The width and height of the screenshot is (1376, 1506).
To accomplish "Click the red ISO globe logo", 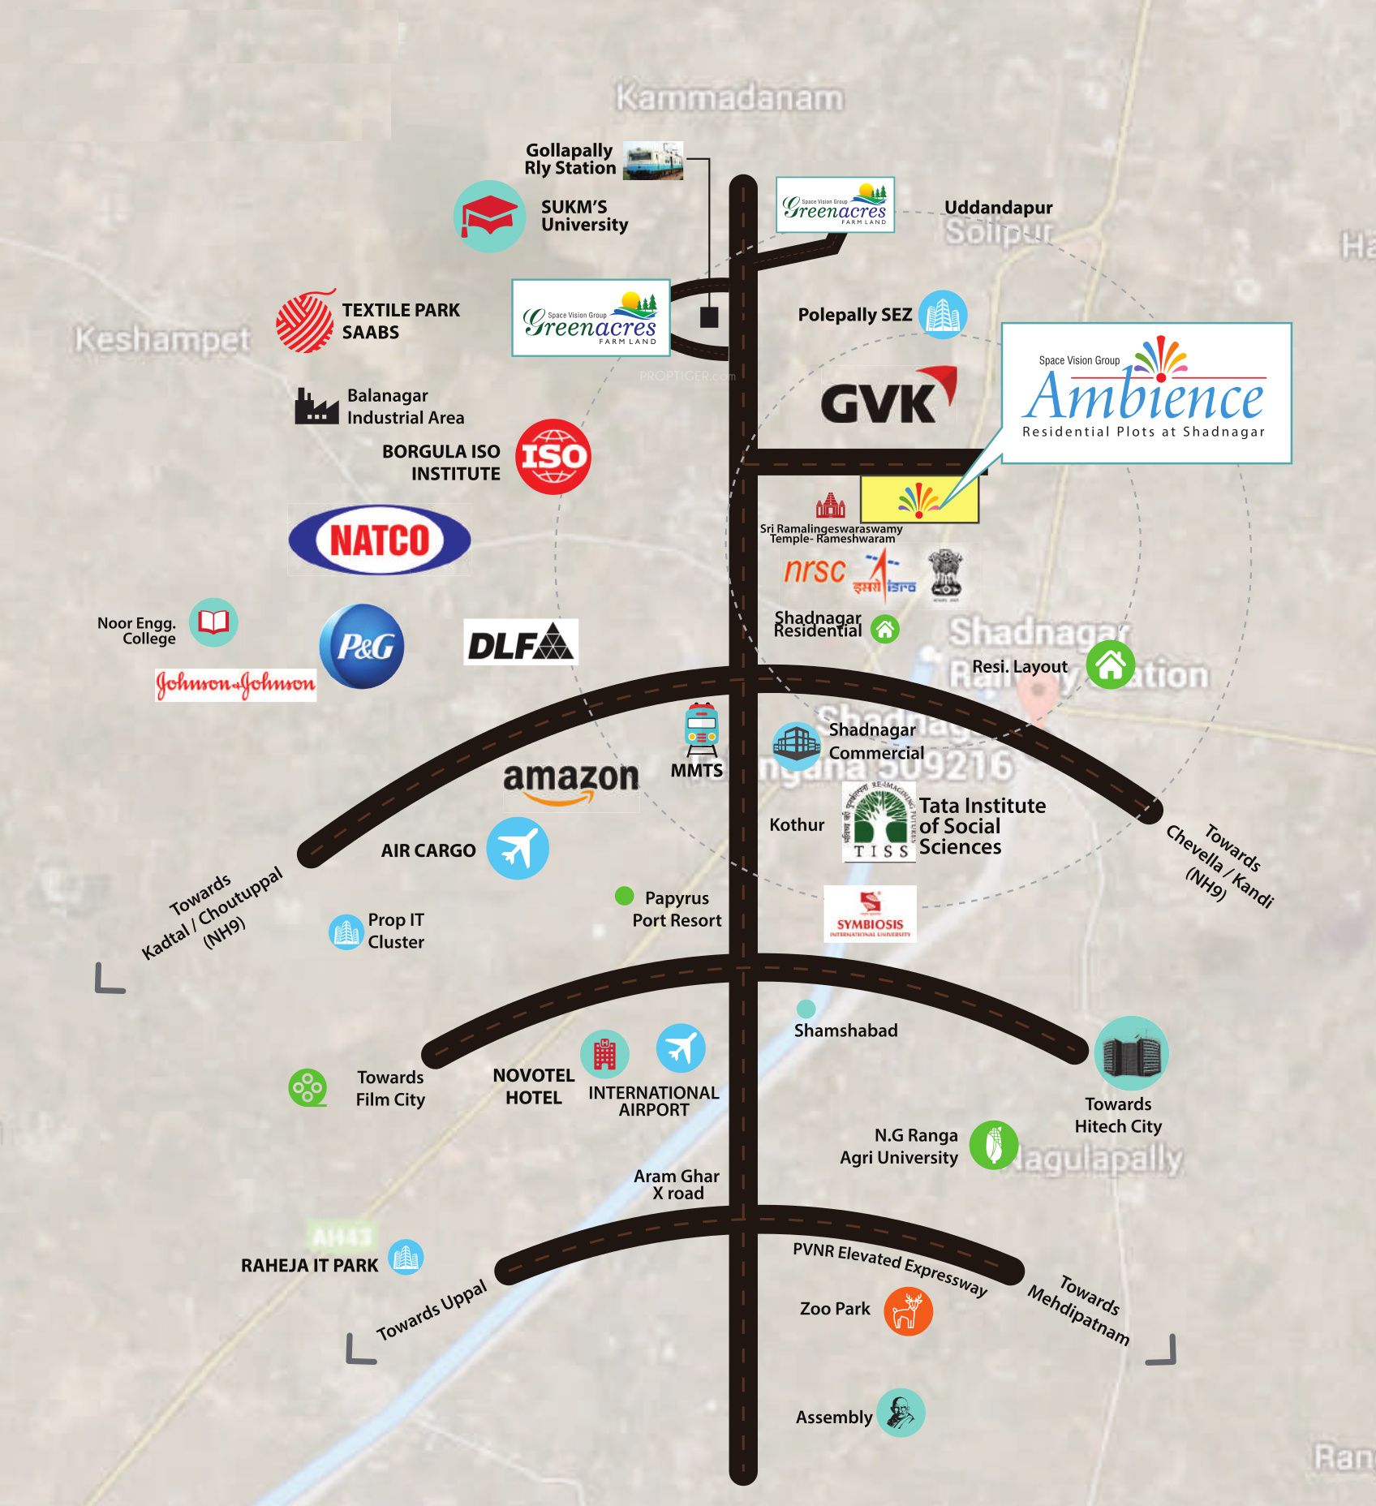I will (553, 457).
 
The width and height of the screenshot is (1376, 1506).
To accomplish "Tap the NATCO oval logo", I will (380, 540).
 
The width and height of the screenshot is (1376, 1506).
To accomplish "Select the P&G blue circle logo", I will (362, 646).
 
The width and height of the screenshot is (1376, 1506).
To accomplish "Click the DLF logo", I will (521, 643).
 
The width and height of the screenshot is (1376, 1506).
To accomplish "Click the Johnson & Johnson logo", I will (235, 685).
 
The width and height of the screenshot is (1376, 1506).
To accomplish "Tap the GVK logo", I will (888, 397).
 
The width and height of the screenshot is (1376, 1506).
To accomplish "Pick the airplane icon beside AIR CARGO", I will (518, 849).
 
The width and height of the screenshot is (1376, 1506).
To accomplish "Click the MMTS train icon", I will (702, 729).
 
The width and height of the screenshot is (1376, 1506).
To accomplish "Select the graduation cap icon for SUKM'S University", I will (489, 217).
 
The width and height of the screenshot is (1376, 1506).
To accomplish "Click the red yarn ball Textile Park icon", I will (305, 321).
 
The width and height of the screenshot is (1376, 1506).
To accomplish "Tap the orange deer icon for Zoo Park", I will (908, 1311).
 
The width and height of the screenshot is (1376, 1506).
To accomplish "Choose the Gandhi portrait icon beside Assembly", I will (901, 1413).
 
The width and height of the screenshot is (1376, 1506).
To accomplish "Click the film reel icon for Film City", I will (307, 1087).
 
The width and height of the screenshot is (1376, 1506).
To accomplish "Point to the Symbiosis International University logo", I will (870, 914).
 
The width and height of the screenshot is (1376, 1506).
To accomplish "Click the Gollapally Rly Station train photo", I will (653, 161).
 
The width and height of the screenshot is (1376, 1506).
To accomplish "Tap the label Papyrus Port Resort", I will (677, 909).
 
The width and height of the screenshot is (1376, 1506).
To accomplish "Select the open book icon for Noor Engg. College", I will (213, 622).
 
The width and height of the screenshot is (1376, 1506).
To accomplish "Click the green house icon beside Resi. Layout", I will (1110, 665).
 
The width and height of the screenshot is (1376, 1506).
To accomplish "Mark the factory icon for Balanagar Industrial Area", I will (316, 407).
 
